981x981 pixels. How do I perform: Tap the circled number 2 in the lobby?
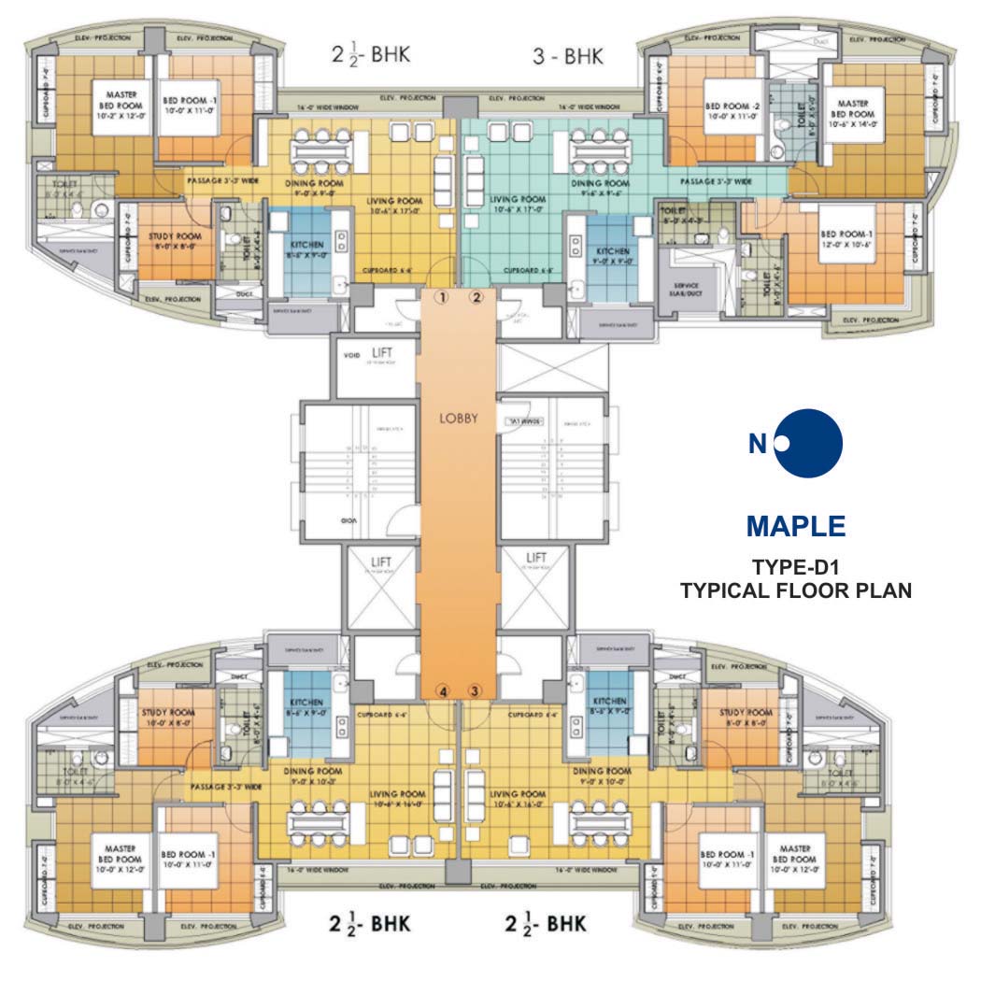476,297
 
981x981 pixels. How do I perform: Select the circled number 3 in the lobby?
475,691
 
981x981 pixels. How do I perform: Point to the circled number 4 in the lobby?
444,691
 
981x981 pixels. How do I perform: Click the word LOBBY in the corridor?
459,419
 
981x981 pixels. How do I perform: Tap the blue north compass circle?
809,443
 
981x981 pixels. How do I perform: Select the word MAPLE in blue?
796,526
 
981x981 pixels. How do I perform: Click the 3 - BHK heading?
568,56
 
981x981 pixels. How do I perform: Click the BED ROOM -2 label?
732,114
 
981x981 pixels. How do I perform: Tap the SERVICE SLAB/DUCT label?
681,289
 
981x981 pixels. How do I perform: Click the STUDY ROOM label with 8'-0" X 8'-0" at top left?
170,243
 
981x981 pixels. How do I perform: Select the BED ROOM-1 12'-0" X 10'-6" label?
846,239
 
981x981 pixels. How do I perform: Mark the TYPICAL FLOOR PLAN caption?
795,590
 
